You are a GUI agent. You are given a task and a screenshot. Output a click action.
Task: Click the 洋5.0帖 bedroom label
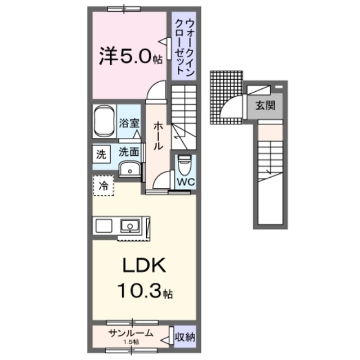pyautogui.click(x=128, y=57)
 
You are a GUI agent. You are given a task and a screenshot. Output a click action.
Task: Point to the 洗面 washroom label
pyautogui.click(x=128, y=151)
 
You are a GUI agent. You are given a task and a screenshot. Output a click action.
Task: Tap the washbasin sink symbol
pyautogui.click(x=131, y=168)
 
